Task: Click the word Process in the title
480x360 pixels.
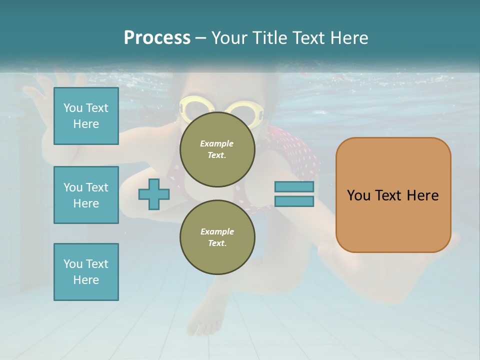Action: tap(157, 38)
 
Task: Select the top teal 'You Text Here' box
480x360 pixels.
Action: tap(86, 116)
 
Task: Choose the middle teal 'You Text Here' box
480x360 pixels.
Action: tap(86, 195)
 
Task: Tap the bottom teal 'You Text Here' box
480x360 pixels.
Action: tap(86, 272)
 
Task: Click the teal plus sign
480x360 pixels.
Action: tap(154, 194)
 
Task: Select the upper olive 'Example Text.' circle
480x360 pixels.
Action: tap(217, 149)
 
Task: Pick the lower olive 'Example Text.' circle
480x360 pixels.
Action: tap(217, 237)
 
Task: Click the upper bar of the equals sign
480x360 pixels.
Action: tap(294, 187)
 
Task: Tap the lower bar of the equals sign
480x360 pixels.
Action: tap(294, 201)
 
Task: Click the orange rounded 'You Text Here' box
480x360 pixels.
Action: tap(393, 195)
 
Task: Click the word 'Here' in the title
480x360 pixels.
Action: tap(349, 38)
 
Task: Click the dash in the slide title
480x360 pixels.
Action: tap(200, 38)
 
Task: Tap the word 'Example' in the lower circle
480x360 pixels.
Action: tap(217, 231)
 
